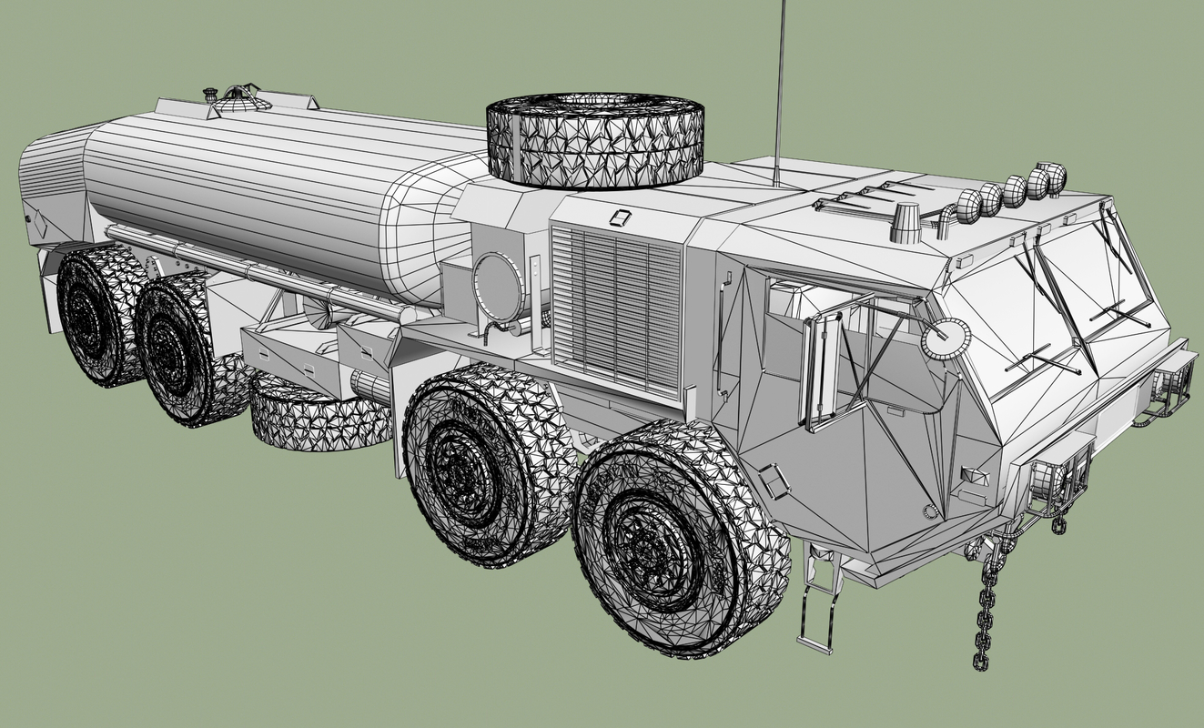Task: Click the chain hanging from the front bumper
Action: (x=985, y=619)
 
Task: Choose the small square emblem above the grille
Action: (x=621, y=217)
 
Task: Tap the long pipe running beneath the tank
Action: (x=255, y=269)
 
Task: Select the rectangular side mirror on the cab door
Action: (x=822, y=368)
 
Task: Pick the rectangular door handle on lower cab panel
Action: (x=774, y=480)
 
